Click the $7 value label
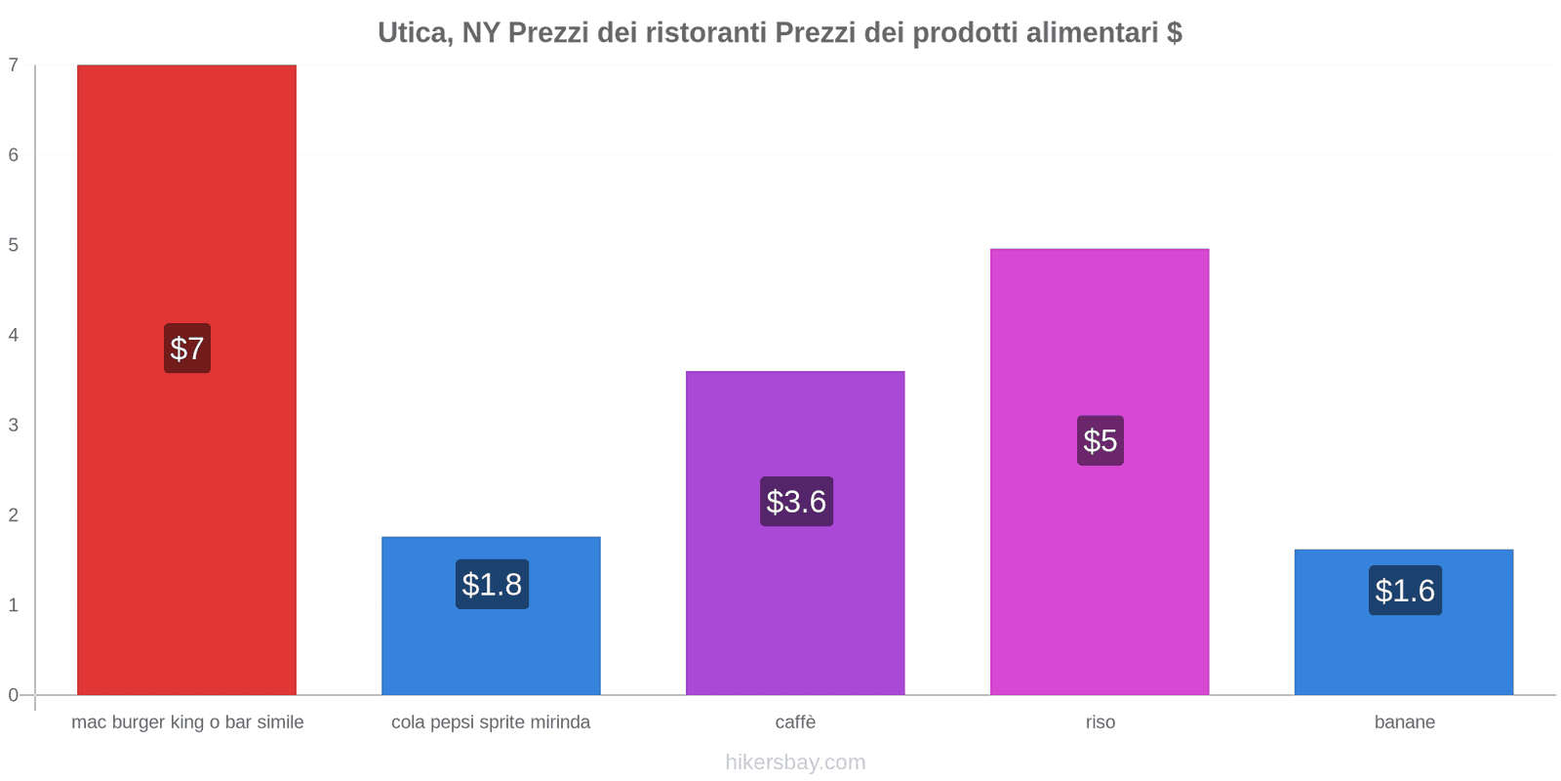pyautogui.click(x=187, y=349)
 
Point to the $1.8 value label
pyautogui.click(x=492, y=585)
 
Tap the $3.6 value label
pyautogui.click(x=796, y=502)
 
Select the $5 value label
pyautogui.click(x=1101, y=440)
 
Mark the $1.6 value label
pyautogui.click(x=1405, y=591)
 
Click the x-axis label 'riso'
pyautogui.click(x=1101, y=722)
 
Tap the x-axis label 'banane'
pyautogui.click(x=1405, y=722)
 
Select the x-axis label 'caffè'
pyautogui.click(x=795, y=722)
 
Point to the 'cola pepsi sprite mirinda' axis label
pyautogui.click(x=491, y=722)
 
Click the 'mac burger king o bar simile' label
pyautogui.click(x=187, y=722)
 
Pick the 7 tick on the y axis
pyautogui.click(x=14, y=65)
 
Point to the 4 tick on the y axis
pyautogui.click(x=14, y=336)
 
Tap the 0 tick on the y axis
pyautogui.click(x=14, y=695)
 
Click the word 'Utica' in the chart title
pyautogui.click(x=414, y=33)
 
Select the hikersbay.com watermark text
pyautogui.click(x=795, y=762)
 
